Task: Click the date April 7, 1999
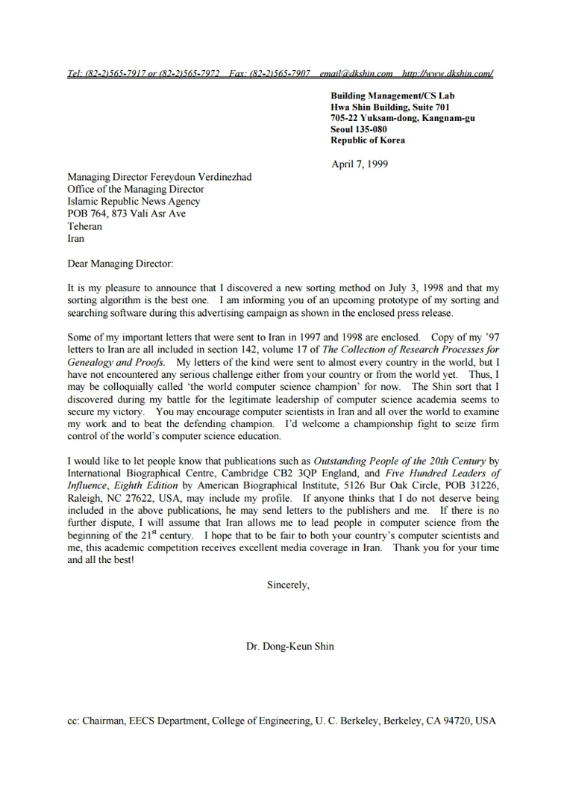[x=360, y=164]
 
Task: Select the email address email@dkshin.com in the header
[x=356, y=73]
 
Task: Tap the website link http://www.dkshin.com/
[x=447, y=73]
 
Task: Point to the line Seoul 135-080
[x=359, y=129]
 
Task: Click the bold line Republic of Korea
[x=368, y=140]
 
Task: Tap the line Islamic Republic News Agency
[x=134, y=202]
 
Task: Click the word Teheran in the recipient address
[x=84, y=226]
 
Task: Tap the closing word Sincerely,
[x=288, y=585]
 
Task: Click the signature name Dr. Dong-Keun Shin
[x=290, y=646]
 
